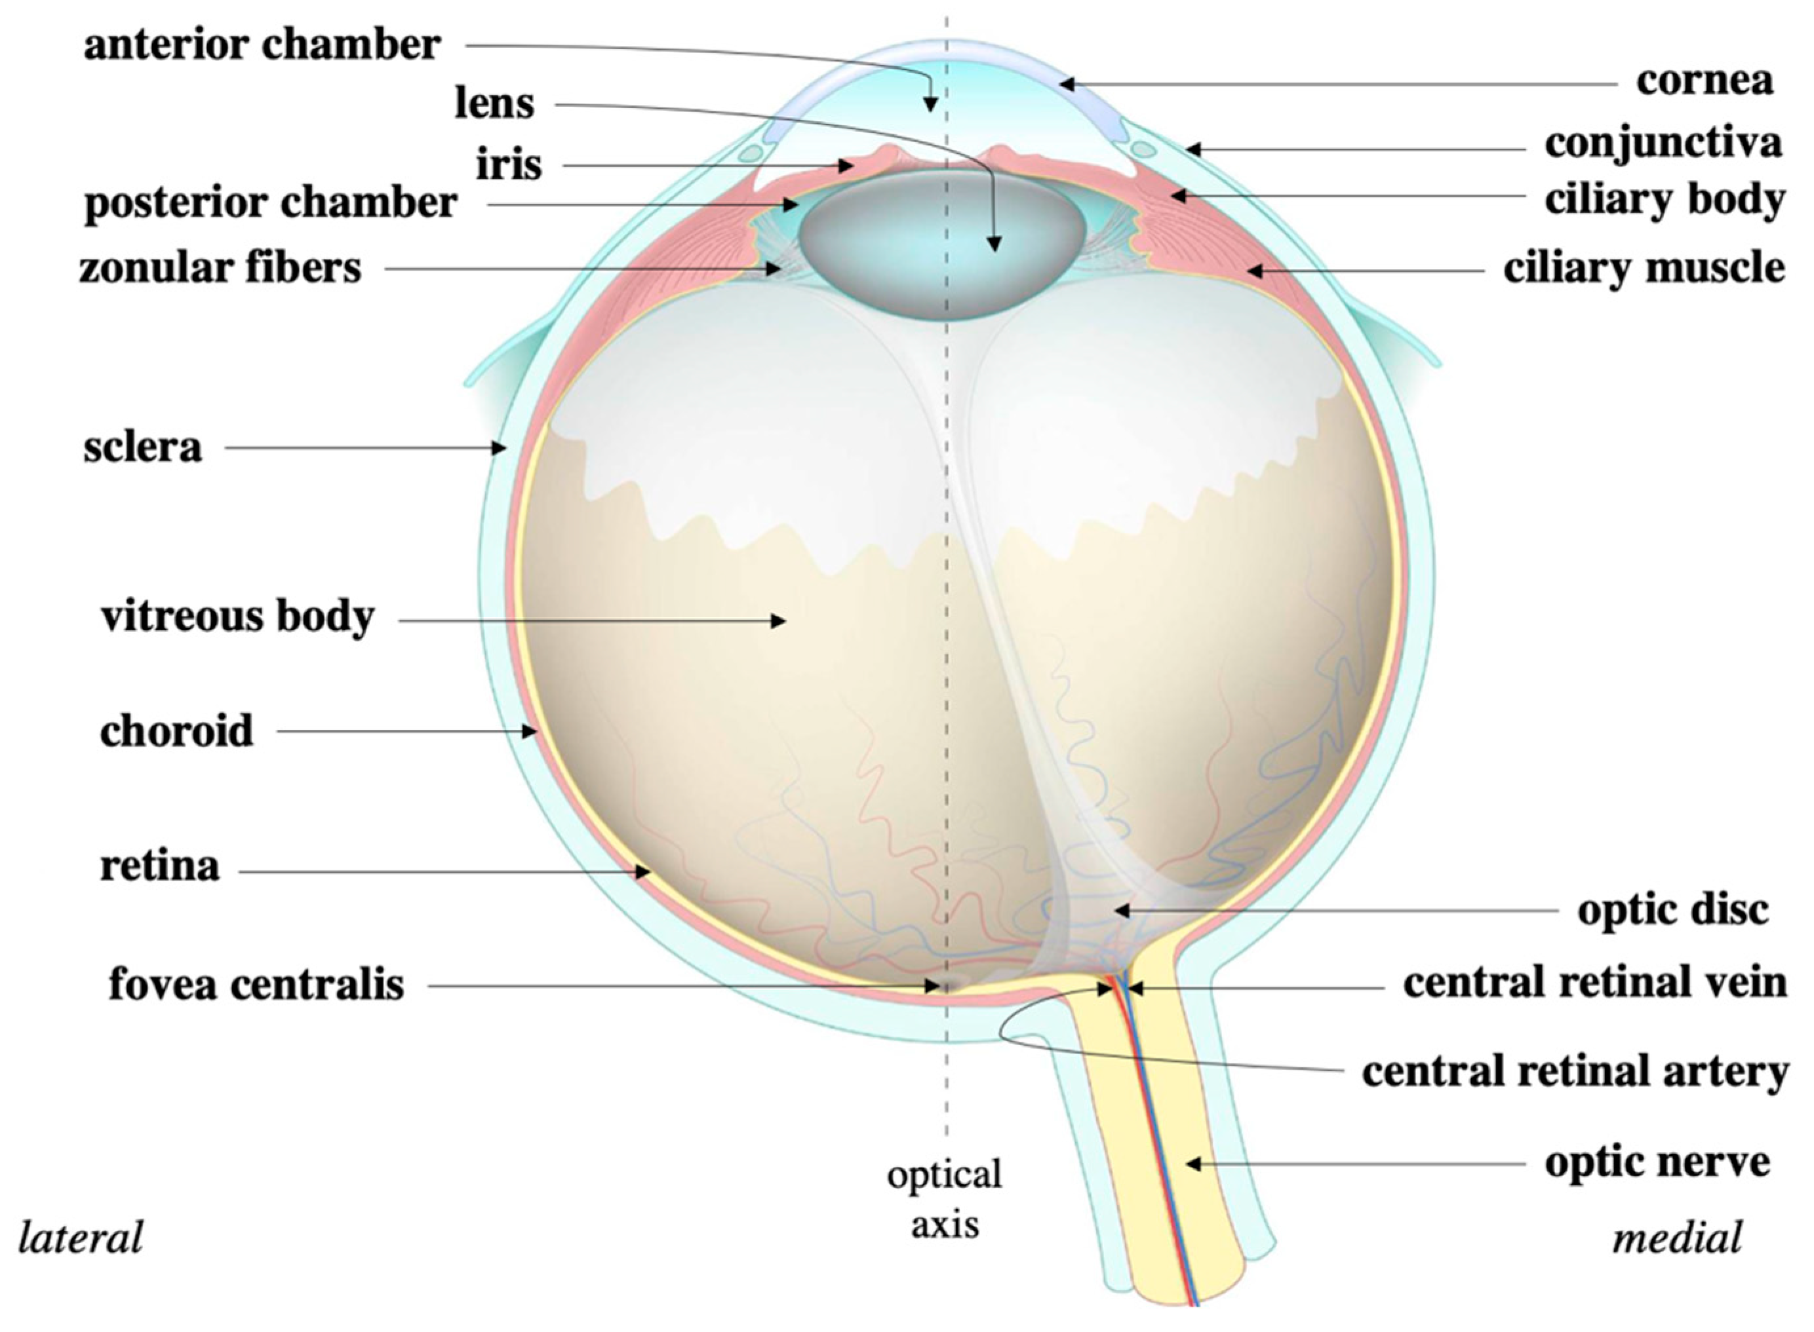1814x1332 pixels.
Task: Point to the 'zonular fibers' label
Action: pos(220,269)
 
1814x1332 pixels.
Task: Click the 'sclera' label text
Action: pos(142,448)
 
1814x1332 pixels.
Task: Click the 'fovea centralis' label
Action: pos(256,985)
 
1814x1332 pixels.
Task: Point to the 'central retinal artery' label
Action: pos(1575,1073)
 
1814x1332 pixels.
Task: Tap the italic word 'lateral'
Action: pos(81,1238)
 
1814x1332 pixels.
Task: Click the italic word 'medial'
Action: pos(1677,1238)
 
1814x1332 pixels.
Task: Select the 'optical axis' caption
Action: pos(945,1198)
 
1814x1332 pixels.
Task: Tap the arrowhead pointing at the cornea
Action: pos(1066,83)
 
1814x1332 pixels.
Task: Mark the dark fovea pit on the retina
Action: pos(946,985)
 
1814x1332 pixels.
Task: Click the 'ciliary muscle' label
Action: pos(1644,269)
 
